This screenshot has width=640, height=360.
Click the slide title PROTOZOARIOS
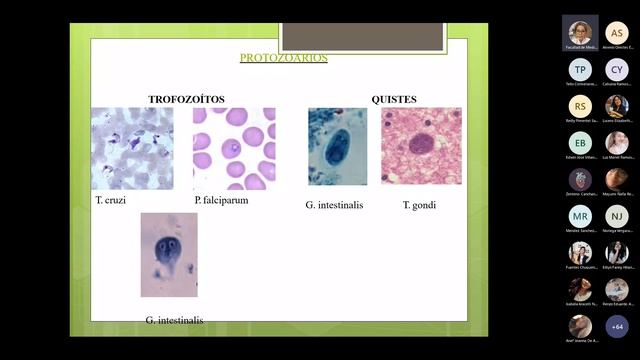click(283, 58)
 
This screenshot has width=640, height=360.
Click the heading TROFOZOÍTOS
click(186, 99)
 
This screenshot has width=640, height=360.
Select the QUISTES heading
click(394, 99)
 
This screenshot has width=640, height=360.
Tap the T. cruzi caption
click(110, 200)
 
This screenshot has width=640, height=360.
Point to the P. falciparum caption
click(221, 200)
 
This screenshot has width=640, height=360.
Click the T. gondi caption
click(419, 205)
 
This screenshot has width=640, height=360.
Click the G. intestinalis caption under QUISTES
click(334, 205)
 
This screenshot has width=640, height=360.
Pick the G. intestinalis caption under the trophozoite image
click(174, 320)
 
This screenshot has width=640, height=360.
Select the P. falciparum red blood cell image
click(234, 149)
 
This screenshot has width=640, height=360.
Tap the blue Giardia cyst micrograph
click(337, 147)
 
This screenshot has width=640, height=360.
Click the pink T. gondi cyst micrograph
click(421, 147)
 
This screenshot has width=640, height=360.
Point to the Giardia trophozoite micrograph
click(169, 254)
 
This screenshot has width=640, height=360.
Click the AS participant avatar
click(617, 32)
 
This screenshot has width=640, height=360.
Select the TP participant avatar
click(580, 69)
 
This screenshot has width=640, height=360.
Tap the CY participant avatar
click(617, 69)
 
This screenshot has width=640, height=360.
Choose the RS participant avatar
click(580, 106)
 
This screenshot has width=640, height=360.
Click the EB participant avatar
click(580, 143)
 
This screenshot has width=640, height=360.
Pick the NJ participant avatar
click(617, 216)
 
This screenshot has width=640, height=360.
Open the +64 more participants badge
click(617, 326)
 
